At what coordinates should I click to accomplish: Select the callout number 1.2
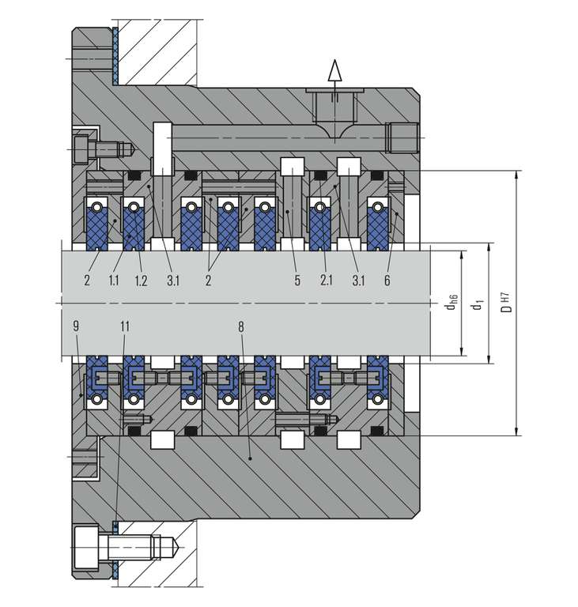[142, 280]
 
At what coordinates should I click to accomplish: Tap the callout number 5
[297, 280]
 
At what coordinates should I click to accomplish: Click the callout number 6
[387, 280]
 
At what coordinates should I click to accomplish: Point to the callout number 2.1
[326, 280]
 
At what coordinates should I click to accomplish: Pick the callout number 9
[75, 325]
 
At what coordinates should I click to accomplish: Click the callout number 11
[124, 325]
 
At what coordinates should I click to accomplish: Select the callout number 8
[240, 325]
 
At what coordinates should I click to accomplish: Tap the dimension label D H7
[506, 303]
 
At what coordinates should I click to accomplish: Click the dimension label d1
[477, 303]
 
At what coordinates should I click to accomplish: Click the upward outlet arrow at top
[334, 72]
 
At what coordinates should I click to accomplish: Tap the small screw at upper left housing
[93, 147]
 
